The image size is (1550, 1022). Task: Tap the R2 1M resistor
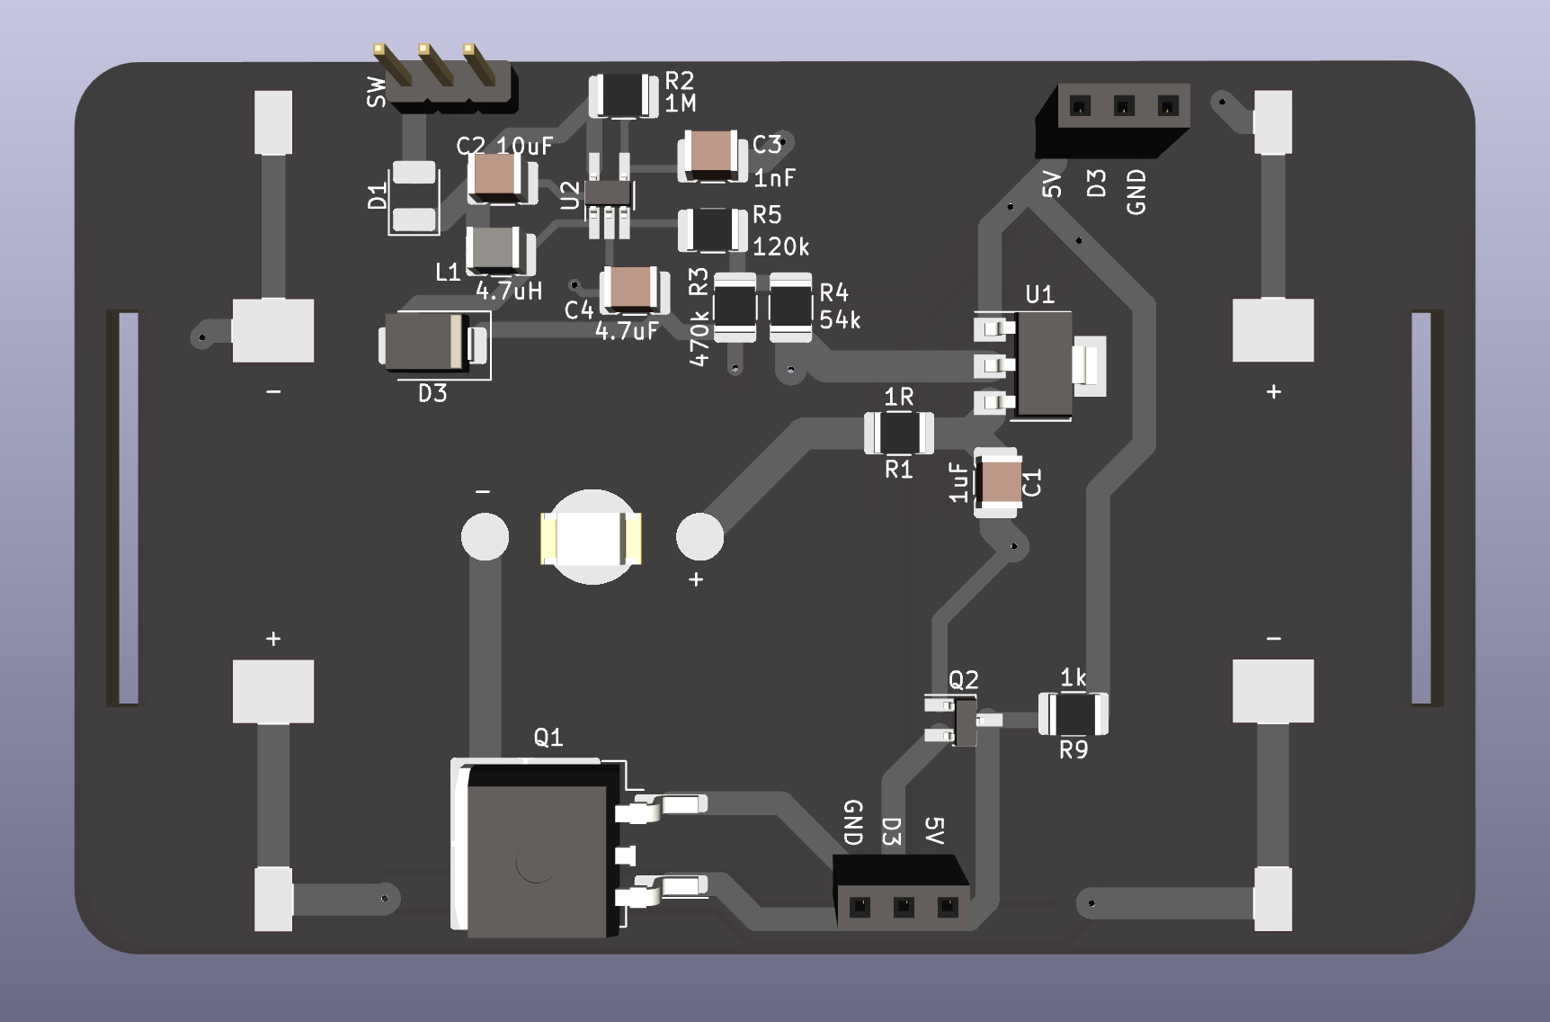coord(623,94)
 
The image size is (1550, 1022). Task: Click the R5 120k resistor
coord(712,230)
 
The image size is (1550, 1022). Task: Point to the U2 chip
coord(609,193)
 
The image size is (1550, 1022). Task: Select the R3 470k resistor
coord(735,308)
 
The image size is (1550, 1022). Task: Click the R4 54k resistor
coord(790,307)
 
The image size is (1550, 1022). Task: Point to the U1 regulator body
coord(1043,363)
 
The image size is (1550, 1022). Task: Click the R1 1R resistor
coord(898,434)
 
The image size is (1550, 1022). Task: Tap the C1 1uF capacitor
coord(999,482)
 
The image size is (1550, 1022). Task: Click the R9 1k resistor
coord(1073,715)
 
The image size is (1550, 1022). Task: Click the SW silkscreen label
coord(377,92)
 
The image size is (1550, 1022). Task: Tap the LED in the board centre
coord(591,538)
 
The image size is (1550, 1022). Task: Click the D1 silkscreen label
coord(378,195)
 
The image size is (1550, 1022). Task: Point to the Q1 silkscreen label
coord(548,738)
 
